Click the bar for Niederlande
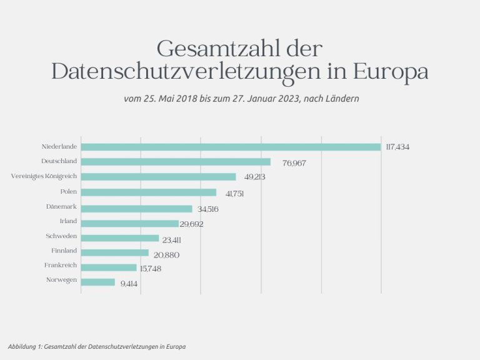click(231, 147)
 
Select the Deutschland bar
click(176, 162)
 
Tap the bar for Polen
click(149, 192)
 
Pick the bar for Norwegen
click(98, 282)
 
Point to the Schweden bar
click(120, 238)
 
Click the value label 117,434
click(397, 147)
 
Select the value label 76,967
click(294, 163)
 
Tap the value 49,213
click(255, 177)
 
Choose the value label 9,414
click(129, 284)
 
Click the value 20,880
click(167, 254)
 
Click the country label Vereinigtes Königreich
click(44, 176)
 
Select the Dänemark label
click(61, 206)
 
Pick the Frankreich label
click(61, 265)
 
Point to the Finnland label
click(64, 250)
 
